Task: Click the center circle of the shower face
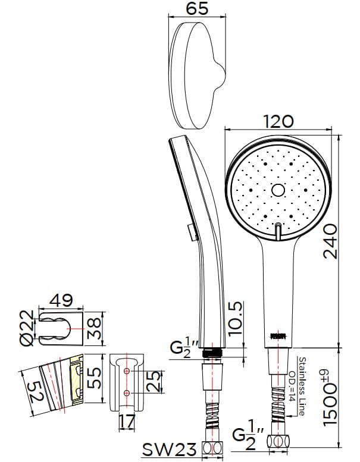(x=278, y=190)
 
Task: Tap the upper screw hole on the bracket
(x=126, y=371)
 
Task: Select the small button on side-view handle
(x=190, y=230)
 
